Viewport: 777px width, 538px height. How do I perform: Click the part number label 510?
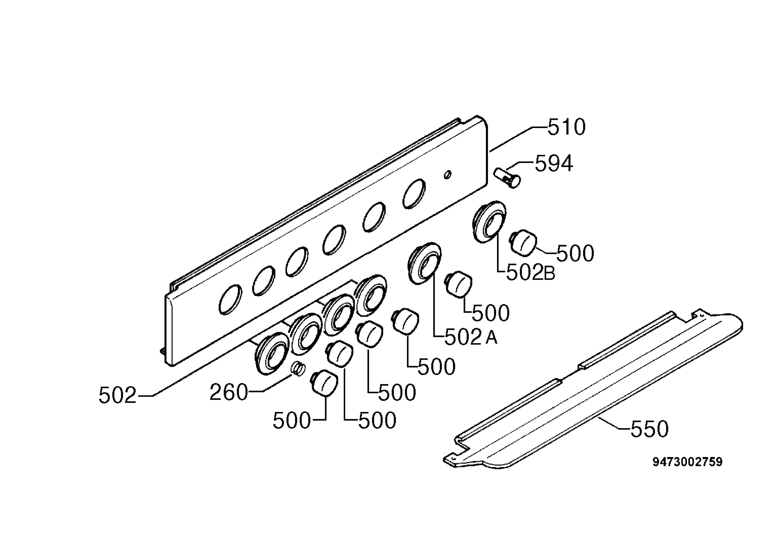tap(566, 127)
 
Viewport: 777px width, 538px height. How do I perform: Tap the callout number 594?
tap(554, 163)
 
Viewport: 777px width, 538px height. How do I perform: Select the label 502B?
tap(531, 273)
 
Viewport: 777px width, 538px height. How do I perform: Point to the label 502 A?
tap(471, 337)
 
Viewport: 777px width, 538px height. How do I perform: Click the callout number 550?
tap(649, 429)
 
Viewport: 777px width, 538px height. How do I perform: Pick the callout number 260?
tap(229, 393)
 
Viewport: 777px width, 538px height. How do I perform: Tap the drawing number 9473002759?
tap(687, 462)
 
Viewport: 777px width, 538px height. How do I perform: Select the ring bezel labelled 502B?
tap(489, 222)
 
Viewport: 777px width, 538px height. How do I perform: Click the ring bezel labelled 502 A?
tap(424, 263)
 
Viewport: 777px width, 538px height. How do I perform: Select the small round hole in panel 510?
tap(447, 175)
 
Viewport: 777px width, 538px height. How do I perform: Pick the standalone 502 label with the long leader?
tap(117, 395)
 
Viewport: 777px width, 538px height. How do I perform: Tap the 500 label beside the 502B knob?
tap(575, 253)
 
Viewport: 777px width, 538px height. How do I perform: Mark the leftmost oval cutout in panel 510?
tap(230, 299)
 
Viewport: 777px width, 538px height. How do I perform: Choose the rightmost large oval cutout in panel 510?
tap(414, 193)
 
